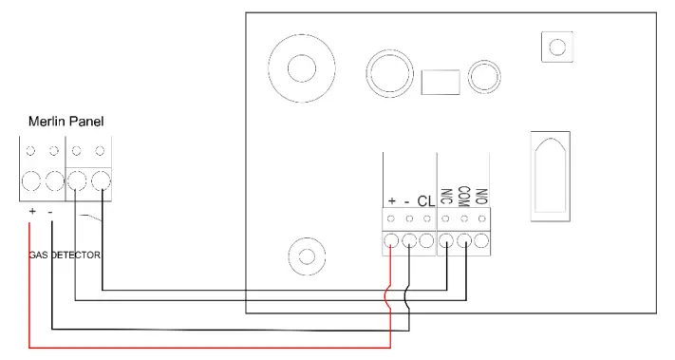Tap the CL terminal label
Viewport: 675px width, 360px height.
(424, 200)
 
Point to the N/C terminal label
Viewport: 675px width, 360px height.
(446, 198)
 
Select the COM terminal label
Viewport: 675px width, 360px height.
(463, 197)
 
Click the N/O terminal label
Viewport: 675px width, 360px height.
(481, 198)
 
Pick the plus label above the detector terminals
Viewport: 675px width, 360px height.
(391, 200)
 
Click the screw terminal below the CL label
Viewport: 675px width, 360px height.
(427, 242)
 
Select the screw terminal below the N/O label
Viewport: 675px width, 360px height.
(482, 242)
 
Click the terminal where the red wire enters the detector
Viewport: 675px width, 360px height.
(391, 242)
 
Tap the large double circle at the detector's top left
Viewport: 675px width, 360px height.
(301, 69)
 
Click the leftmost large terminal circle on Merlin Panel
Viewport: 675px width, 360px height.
(31, 180)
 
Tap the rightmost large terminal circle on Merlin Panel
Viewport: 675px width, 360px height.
(99, 180)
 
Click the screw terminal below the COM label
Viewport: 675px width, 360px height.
(464, 242)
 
